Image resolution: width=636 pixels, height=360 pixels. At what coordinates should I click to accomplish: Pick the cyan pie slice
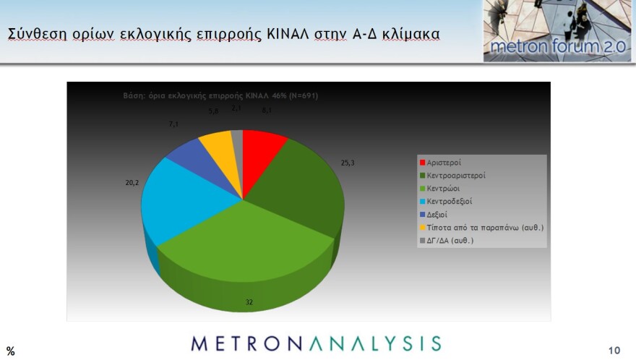173,202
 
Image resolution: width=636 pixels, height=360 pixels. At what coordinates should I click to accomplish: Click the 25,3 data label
348,163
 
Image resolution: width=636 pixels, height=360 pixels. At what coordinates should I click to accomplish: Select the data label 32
249,302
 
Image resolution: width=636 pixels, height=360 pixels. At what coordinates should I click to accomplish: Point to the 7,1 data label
173,124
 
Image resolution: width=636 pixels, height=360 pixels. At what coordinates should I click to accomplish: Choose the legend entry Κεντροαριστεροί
456,176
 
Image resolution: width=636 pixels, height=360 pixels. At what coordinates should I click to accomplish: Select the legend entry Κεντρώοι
444,188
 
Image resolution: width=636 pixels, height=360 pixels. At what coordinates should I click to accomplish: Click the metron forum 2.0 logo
548,32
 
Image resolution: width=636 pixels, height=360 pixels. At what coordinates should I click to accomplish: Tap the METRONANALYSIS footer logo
316,343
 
